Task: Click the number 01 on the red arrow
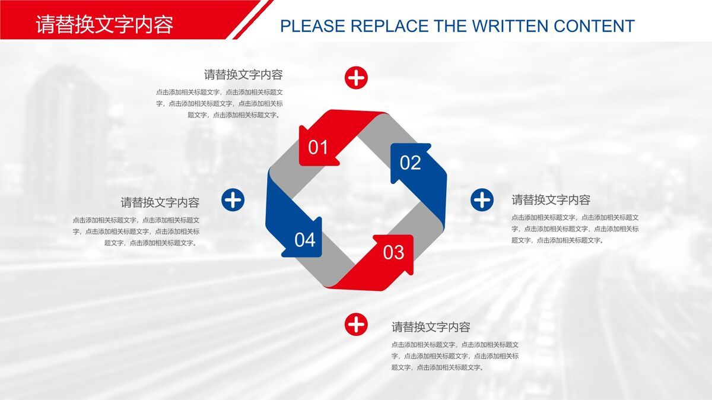click(318, 147)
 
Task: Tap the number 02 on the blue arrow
click(410, 163)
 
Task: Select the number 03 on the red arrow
click(393, 252)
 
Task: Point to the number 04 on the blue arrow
click(305, 240)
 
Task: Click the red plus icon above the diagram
click(356, 78)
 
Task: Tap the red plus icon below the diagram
click(356, 324)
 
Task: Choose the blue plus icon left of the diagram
click(233, 200)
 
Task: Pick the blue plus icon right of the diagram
click(482, 200)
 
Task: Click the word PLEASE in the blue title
click(312, 26)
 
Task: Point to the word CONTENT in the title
click(594, 26)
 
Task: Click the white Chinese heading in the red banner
click(104, 25)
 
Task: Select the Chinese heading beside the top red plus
click(243, 75)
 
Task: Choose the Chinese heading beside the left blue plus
click(160, 202)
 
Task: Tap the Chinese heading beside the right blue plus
click(551, 200)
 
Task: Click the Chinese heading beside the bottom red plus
click(431, 327)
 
